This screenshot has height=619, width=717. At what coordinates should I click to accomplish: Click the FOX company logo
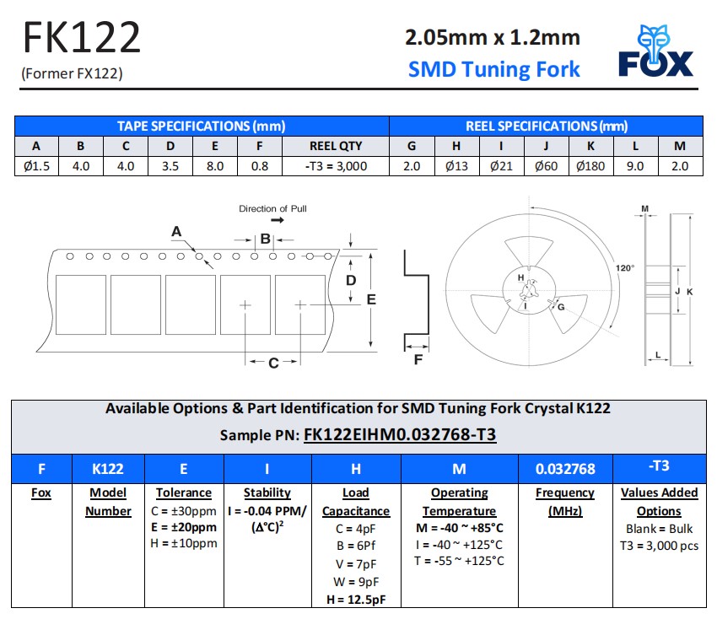pyautogui.click(x=655, y=52)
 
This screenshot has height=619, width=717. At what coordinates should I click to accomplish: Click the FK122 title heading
pyautogui.click(x=81, y=38)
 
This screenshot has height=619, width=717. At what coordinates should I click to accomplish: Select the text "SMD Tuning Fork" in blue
pyautogui.click(x=493, y=69)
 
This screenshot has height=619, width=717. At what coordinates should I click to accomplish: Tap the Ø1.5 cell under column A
pyautogui.click(x=36, y=166)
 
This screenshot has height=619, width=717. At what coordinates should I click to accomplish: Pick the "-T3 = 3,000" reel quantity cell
pyautogui.click(x=336, y=166)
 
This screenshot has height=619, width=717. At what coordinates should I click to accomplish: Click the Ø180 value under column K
pyautogui.click(x=590, y=166)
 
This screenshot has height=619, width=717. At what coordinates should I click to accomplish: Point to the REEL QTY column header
pyautogui.click(x=336, y=146)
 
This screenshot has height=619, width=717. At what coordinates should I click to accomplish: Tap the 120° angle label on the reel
pyautogui.click(x=624, y=267)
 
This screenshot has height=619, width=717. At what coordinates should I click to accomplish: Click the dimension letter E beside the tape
pyautogui.click(x=370, y=299)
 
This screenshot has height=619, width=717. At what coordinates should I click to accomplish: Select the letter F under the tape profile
pyautogui.click(x=418, y=361)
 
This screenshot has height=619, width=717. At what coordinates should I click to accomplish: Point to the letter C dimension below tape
pyautogui.click(x=272, y=363)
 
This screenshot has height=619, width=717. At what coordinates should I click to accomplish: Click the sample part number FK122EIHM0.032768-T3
pyautogui.click(x=399, y=435)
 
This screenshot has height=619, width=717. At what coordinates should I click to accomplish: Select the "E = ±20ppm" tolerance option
pyautogui.click(x=183, y=527)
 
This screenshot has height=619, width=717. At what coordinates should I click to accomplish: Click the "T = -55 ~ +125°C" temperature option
pyautogui.click(x=459, y=561)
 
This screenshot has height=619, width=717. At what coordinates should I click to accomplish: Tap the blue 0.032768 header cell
pyautogui.click(x=565, y=469)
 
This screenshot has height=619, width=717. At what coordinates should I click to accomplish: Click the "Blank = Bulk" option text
pyautogui.click(x=659, y=529)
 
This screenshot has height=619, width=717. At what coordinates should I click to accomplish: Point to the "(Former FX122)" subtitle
pyautogui.click(x=72, y=73)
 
